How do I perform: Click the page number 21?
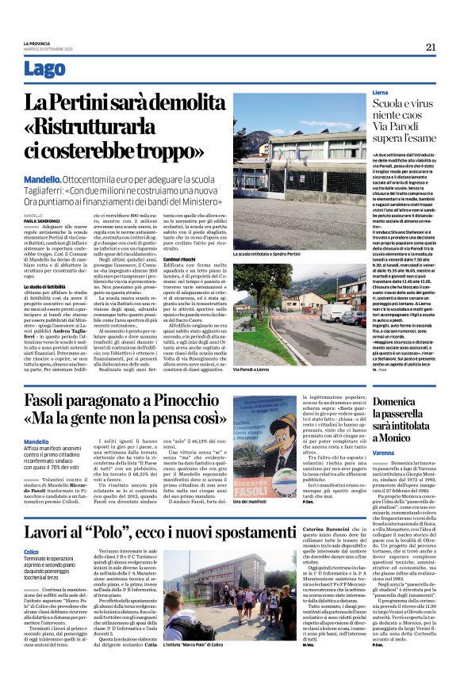coord(431,47)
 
